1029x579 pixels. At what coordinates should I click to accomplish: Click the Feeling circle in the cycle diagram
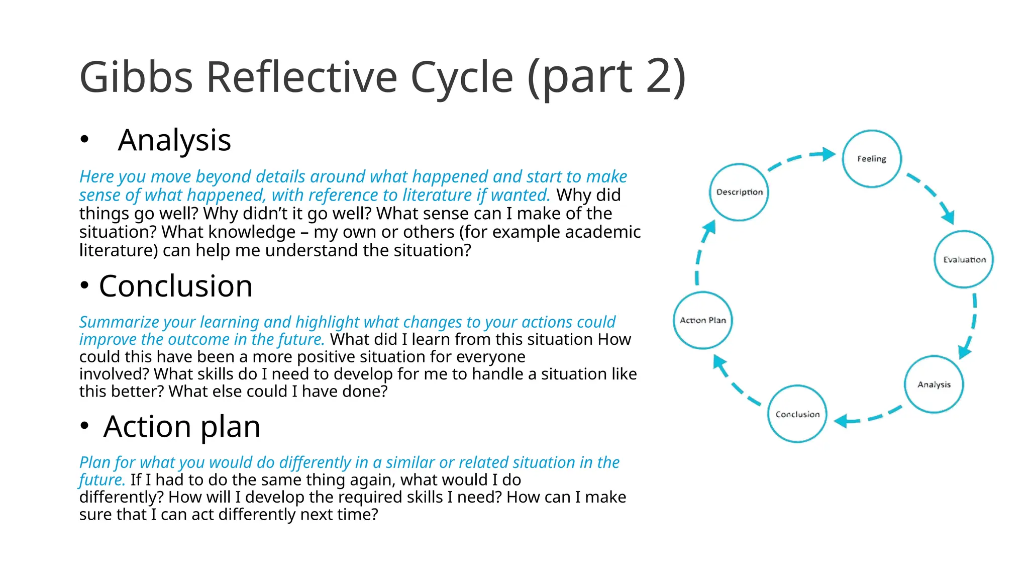coord(871,159)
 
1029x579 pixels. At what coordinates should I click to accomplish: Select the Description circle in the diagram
coord(739,192)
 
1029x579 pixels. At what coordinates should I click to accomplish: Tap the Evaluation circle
coord(964,259)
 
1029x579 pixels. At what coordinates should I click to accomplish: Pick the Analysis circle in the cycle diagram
coord(934,384)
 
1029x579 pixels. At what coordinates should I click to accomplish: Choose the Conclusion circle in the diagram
coord(797,414)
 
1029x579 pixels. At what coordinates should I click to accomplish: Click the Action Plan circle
coord(703,320)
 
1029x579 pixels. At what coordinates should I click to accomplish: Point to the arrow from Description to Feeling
coord(801,158)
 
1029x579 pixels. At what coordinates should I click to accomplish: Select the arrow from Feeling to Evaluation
coord(932,196)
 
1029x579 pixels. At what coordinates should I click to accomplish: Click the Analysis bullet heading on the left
coord(174,140)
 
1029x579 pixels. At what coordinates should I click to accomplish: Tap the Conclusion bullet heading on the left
coord(175,286)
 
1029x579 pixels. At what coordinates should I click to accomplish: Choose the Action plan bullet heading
coord(181,427)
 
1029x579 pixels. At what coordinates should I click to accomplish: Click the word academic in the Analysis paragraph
coord(603,232)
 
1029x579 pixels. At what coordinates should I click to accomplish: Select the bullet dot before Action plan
coord(84,426)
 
